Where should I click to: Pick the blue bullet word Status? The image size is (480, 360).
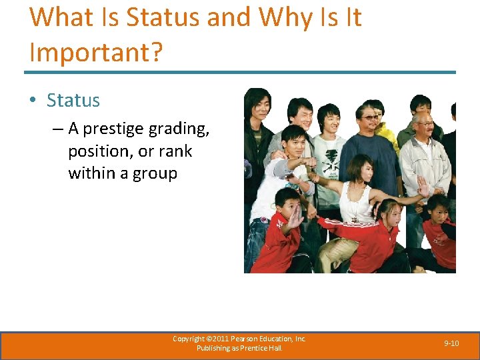click(x=73, y=101)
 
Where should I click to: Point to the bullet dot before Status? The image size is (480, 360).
click(x=33, y=101)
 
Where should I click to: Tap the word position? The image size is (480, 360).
click(x=99, y=151)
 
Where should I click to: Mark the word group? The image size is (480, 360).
click(x=155, y=173)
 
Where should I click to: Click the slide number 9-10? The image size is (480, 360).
click(x=451, y=343)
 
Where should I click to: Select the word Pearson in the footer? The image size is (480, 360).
click(x=250, y=339)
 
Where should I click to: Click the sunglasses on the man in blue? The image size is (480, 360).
click(x=370, y=117)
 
